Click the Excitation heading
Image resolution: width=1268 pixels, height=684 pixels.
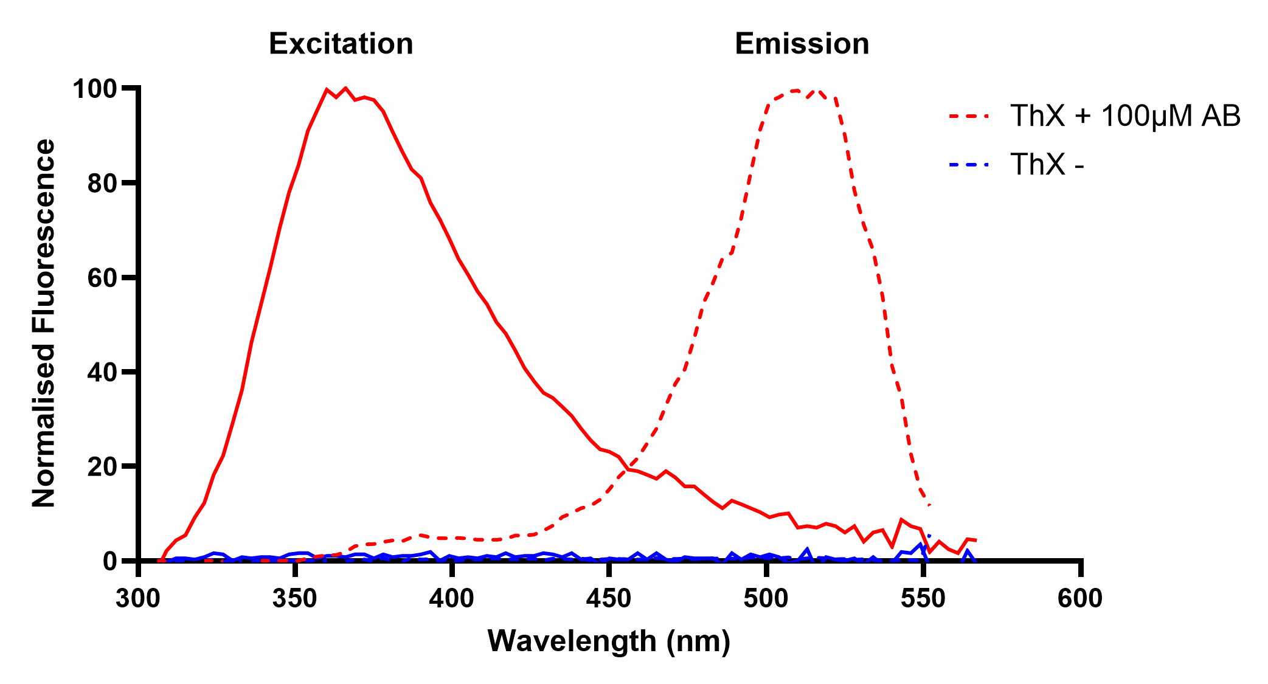341,44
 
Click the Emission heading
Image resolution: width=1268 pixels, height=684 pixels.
802,44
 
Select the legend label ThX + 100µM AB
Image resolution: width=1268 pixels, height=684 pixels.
1124,116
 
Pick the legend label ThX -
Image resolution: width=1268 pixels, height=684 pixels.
1047,164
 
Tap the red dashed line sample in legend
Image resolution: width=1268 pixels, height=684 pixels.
968,115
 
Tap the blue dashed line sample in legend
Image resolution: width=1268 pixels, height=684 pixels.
968,164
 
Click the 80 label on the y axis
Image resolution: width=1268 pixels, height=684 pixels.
101,183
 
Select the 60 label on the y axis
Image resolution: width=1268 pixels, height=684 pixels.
101,278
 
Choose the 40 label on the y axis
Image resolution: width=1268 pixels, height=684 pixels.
101,372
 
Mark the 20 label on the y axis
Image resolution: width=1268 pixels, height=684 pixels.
101,466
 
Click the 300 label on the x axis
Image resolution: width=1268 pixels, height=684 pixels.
137,599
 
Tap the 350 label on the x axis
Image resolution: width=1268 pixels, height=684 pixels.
294,599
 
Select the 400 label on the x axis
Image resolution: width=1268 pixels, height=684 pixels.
451,599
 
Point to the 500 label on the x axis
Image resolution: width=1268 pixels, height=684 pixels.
766,599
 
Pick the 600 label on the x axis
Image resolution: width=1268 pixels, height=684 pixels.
1079,599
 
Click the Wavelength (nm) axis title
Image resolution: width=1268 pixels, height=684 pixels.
609,641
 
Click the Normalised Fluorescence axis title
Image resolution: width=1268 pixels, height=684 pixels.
44,323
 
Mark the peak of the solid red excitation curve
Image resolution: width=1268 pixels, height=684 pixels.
345,89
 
